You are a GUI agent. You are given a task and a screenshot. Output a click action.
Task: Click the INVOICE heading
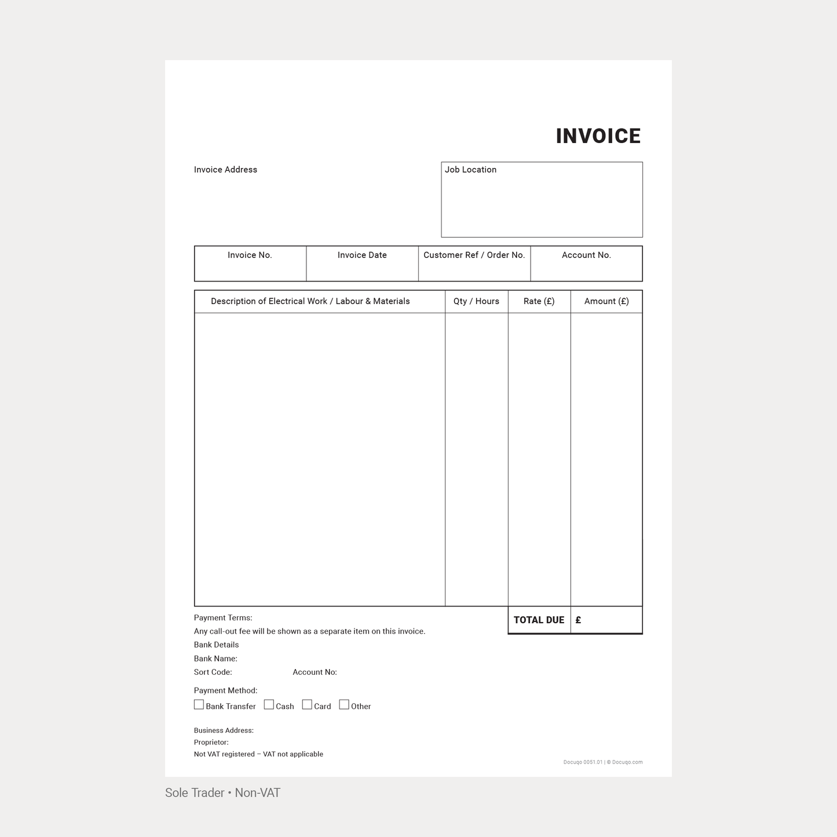(598, 136)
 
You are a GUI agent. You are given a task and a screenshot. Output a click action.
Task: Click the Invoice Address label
(225, 170)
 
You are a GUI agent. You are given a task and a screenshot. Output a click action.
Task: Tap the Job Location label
(470, 170)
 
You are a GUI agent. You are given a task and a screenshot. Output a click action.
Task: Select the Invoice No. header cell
(250, 255)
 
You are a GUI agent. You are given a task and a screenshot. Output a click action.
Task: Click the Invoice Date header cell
(362, 255)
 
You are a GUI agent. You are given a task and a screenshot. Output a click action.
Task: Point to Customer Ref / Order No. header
(474, 255)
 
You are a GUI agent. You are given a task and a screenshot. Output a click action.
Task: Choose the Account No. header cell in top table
(586, 255)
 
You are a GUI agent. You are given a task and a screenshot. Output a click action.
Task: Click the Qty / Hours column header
(476, 301)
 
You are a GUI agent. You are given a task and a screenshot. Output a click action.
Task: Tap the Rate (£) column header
(539, 301)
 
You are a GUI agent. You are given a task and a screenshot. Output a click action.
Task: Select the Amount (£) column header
(606, 301)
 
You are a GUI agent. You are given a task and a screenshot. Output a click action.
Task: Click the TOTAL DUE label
(539, 620)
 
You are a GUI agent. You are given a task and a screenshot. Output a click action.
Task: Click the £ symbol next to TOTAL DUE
(578, 620)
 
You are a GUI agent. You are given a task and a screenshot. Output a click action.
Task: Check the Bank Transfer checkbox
(199, 705)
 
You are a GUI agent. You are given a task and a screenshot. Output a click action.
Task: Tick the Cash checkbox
(269, 705)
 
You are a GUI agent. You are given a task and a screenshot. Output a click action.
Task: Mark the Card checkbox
(307, 705)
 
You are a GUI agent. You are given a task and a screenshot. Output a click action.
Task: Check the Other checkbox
(344, 705)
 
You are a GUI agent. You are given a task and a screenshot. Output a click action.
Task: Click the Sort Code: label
(213, 672)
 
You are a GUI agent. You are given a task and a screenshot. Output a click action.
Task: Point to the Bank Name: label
(215, 659)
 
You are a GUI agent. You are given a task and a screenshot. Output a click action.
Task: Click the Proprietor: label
(211, 742)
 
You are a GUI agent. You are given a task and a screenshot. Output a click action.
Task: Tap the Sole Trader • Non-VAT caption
(222, 793)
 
